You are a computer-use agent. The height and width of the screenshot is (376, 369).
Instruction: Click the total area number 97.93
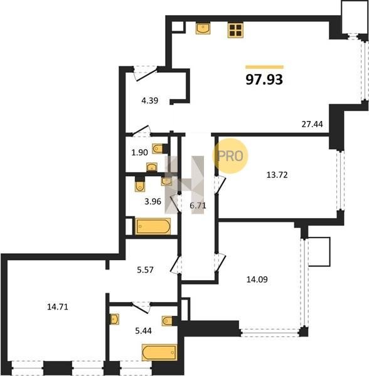coord(264,80)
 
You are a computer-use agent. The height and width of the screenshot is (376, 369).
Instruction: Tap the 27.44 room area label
coord(312,124)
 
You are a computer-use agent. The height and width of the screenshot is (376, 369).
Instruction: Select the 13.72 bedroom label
coord(277,175)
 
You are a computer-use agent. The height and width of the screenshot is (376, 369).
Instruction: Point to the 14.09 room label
coord(257,279)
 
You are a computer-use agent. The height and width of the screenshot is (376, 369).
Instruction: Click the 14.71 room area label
coord(58,307)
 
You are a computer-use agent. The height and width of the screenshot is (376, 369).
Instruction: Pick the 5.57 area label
coord(145,270)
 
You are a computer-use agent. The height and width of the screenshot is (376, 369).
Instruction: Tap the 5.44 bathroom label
coord(144,331)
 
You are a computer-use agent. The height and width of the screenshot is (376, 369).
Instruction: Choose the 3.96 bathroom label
coord(152,201)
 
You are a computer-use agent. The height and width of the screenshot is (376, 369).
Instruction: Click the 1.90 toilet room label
coord(139,152)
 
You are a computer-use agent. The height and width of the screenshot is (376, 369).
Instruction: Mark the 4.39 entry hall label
coord(150,100)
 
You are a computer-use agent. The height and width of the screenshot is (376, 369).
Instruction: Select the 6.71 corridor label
coord(198,206)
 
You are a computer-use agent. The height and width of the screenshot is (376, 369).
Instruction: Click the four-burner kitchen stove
coord(235,30)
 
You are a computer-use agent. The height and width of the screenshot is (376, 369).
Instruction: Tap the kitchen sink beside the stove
coord(203,29)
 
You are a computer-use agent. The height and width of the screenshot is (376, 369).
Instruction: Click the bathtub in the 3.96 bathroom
coord(153,226)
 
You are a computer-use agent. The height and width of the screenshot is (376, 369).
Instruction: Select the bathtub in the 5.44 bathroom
coord(159,352)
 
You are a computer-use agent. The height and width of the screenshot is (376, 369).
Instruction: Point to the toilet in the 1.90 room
coord(158,149)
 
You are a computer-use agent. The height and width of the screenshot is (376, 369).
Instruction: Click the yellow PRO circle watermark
coord(230,156)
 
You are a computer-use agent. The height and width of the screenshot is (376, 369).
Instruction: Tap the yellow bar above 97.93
coord(264,67)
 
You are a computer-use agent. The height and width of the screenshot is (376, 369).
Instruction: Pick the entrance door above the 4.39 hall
coord(146,73)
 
